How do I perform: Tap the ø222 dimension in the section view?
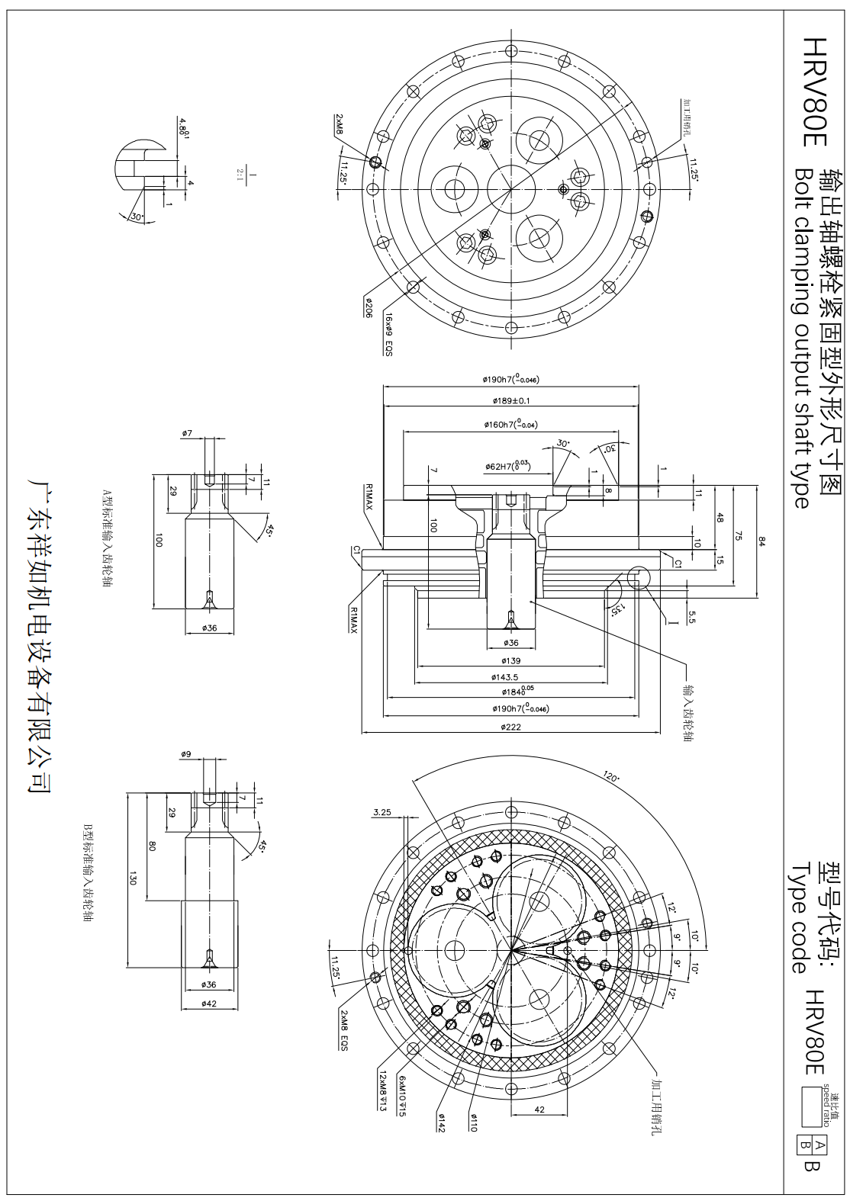[510, 727]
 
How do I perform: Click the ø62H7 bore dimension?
[507, 464]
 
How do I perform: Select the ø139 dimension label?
[510, 660]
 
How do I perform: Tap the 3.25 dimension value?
[382, 813]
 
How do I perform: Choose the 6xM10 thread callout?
[401, 1096]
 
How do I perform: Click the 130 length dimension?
[134, 879]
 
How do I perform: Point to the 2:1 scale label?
[241, 176]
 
